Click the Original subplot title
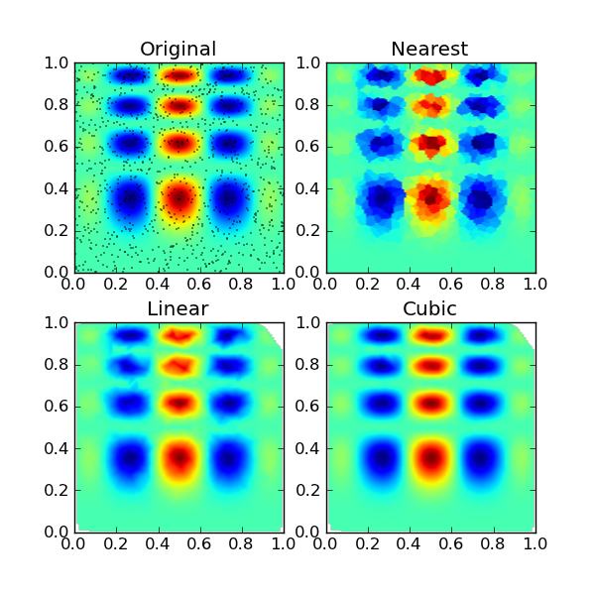[178, 49]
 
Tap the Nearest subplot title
[429, 49]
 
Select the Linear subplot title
[178, 308]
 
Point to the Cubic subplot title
[429, 308]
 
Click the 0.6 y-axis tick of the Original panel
[56, 146]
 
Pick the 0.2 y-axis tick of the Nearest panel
[307, 230]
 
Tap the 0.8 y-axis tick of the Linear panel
[56, 364]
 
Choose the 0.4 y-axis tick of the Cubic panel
[307, 448]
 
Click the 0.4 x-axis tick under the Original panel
[158, 284]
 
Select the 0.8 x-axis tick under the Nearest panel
[494, 284]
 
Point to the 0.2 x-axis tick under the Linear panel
[116, 543]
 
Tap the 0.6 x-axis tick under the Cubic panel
[452, 543]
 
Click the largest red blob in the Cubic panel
[430, 459]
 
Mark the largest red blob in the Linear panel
[178, 459]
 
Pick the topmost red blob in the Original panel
[178, 74]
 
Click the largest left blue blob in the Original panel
[127, 198]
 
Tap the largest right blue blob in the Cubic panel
[483, 459]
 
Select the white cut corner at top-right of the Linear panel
[275, 331]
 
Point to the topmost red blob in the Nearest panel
[430, 75]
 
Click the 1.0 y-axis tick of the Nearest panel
[307, 62]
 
